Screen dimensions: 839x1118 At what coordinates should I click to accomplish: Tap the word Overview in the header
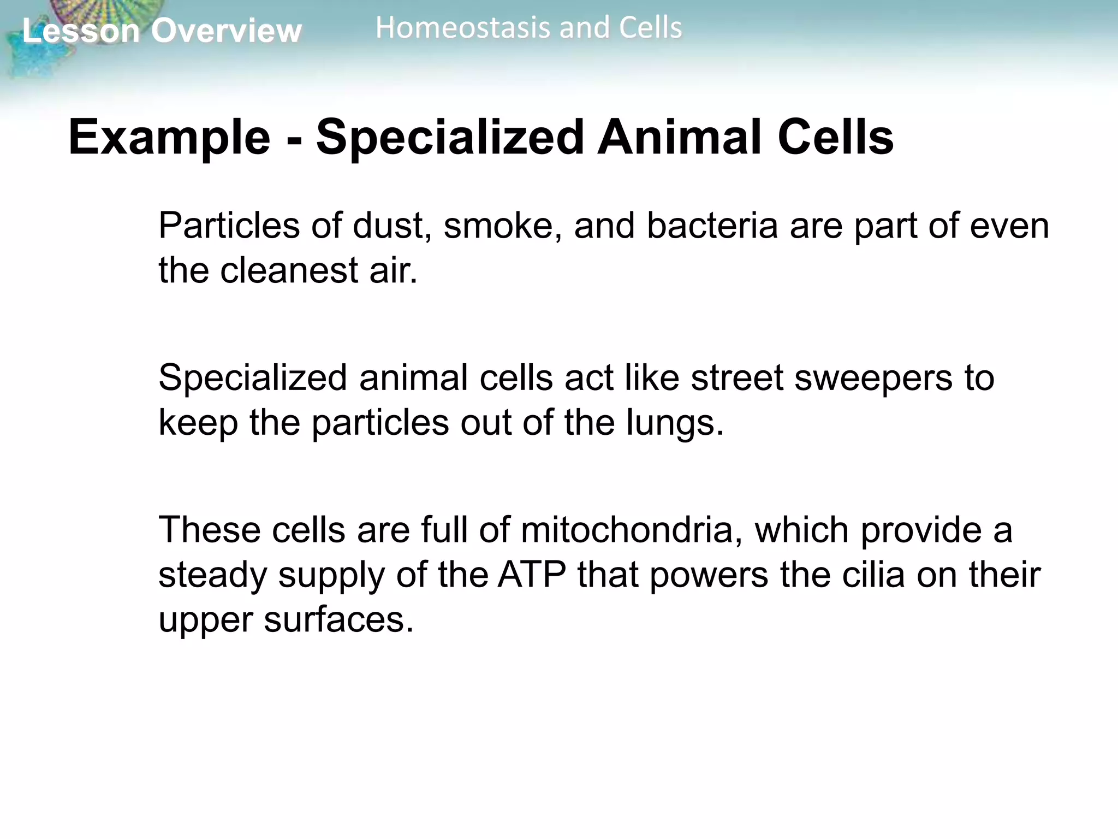coord(226,31)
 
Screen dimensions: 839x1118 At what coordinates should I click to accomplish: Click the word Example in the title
coord(169,138)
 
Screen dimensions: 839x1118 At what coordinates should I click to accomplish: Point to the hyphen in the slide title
coord(294,140)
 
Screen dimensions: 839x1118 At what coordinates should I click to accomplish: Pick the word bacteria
coord(712,226)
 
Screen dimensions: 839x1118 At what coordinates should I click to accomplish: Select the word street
coord(737,378)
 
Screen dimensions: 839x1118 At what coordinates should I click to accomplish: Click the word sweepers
coord(873,378)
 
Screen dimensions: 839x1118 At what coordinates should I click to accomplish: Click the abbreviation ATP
coord(532,575)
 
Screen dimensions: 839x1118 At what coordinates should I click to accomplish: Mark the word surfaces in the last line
coord(338,620)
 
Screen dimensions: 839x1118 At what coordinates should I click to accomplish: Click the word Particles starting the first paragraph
coord(229,226)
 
